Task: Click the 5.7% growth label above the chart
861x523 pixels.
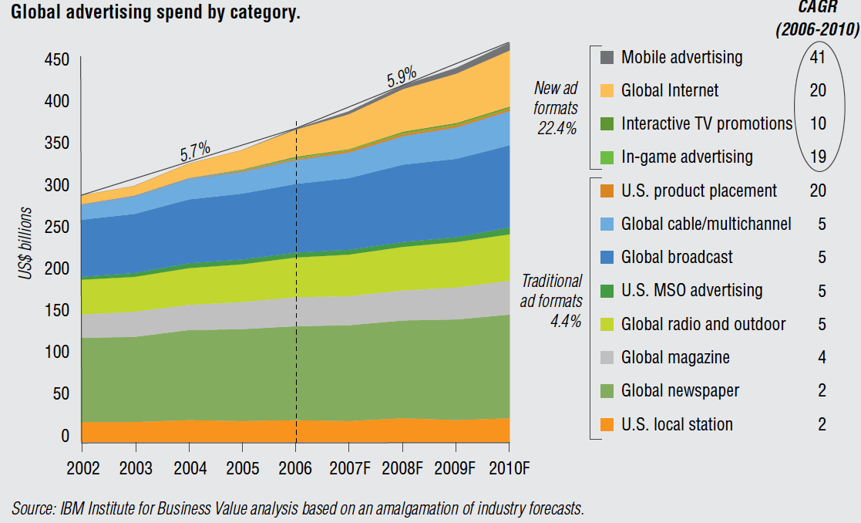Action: point(195,153)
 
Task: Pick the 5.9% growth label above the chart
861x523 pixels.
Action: point(402,76)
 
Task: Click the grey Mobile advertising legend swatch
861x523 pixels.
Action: point(607,57)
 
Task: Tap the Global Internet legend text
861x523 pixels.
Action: point(670,90)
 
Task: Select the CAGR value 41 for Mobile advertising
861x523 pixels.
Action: point(818,57)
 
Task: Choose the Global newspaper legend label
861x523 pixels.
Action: point(680,390)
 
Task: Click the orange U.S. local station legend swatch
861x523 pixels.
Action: point(607,424)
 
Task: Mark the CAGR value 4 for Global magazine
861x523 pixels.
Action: point(822,357)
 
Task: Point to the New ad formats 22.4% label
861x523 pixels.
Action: point(556,109)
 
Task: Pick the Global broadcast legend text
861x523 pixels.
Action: point(677,257)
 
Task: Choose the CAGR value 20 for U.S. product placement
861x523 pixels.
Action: point(818,191)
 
